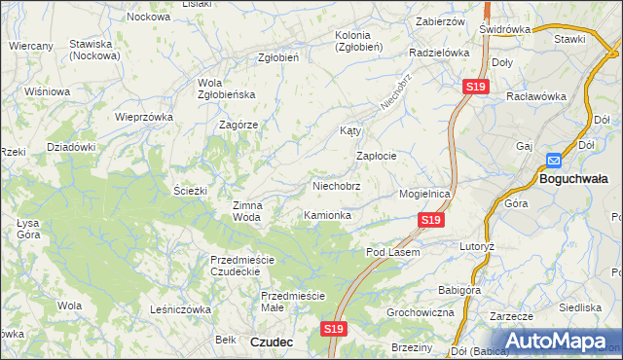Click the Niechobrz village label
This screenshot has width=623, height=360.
[x=336, y=185]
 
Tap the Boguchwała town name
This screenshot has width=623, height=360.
[x=573, y=178]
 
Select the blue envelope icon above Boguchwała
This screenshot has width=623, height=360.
[x=554, y=162]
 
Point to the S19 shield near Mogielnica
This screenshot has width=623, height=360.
[x=432, y=222]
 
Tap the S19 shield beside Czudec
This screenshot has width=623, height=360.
[x=334, y=329]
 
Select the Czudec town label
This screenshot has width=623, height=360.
[x=273, y=342]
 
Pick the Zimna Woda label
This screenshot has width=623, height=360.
[x=246, y=211]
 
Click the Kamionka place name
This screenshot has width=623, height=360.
[x=327, y=214]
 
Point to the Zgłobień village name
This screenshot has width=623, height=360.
[x=277, y=57]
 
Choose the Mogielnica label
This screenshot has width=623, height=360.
[x=425, y=194]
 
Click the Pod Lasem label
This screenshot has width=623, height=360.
[x=392, y=252]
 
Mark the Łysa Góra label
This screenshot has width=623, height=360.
[x=27, y=229]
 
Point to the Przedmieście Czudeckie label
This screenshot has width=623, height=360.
[x=243, y=265]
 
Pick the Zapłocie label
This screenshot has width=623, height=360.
[x=376, y=156]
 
